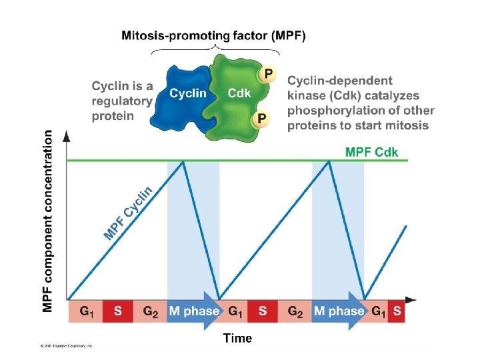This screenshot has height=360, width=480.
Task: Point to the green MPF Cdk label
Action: tap(371, 152)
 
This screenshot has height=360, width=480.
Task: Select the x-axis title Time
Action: tap(237, 338)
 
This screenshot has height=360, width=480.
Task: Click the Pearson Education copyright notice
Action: tap(66, 346)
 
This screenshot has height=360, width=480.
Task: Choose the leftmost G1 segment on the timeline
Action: tap(85, 311)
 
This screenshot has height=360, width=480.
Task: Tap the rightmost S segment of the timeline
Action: tap(397, 311)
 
